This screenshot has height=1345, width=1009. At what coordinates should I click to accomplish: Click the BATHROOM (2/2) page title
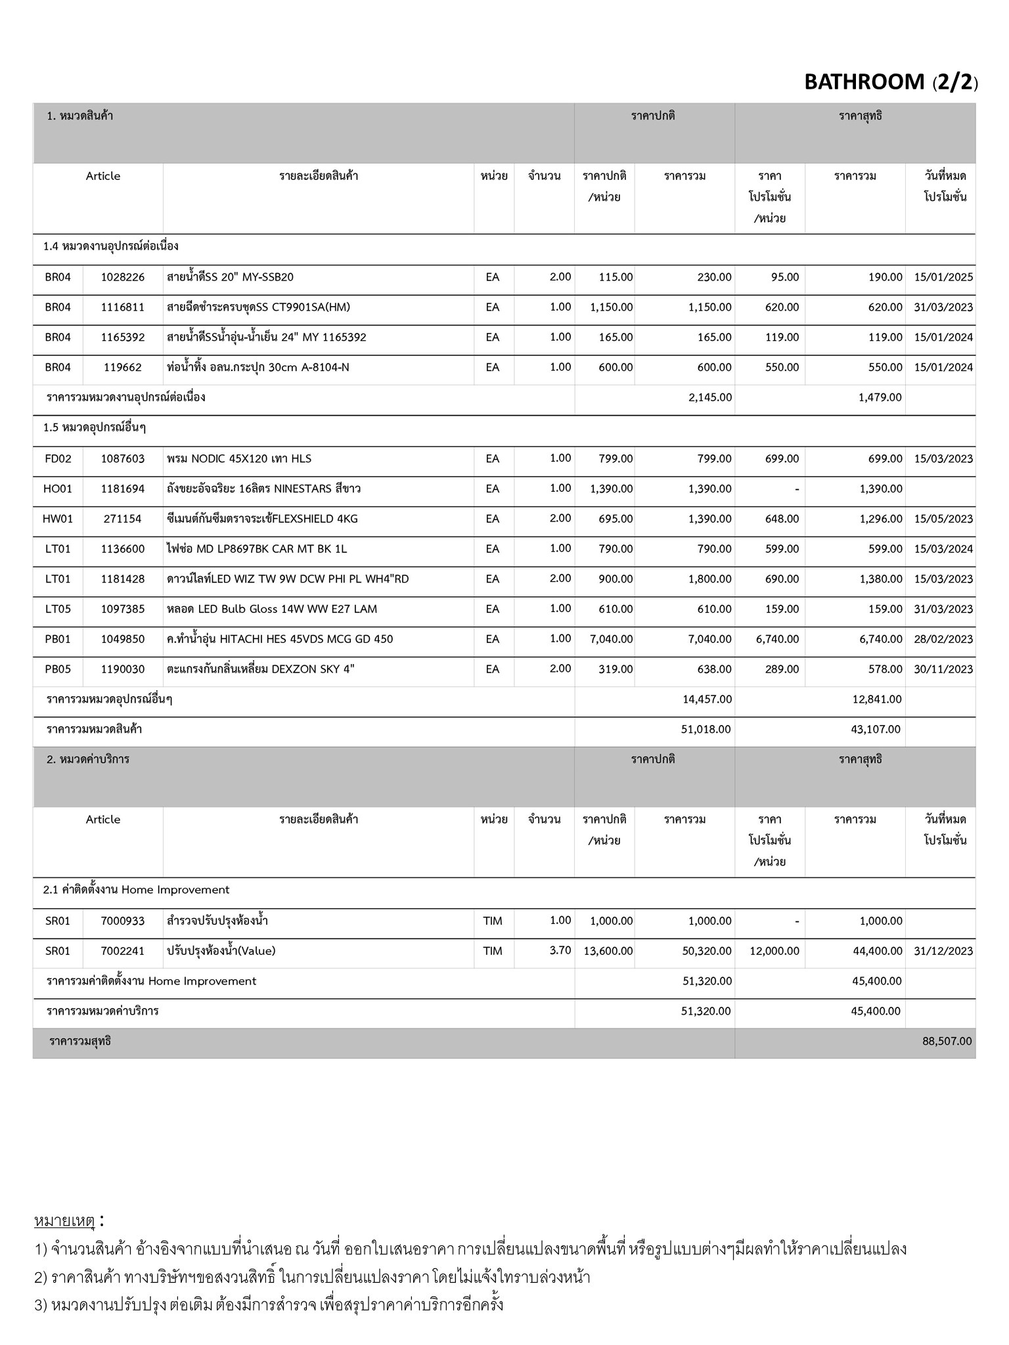pyautogui.click(x=891, y=82)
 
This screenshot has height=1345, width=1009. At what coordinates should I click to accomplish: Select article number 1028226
pyautogui.click(x=123, y=277)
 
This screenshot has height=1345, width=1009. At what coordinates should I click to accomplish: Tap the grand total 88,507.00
pyautogui.click(x=947, y=1041)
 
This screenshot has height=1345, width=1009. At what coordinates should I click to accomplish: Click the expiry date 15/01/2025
pyautogui.click(x=943, y=277)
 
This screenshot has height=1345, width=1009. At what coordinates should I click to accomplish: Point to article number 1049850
pyautogui.click(x=123, y=639)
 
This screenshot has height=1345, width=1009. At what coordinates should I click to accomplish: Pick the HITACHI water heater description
pyautogui.click(x=280, y=639)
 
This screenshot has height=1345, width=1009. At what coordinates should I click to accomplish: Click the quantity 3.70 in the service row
pyautogui.click(x=560, y=950)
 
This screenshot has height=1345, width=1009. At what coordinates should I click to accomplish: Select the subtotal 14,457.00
pyautogui.click(x=707, y=699)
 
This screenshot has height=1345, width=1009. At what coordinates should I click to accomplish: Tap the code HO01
pyautogui.click(x=58, y=489)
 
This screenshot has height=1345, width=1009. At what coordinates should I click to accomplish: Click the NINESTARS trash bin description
pyautogui.click(x=264, y=489)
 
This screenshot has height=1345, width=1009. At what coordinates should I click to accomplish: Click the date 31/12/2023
pyautogui.click(x=943, y=951)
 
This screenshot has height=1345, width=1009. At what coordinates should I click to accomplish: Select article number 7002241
pyautogui.click(x=123, y=951)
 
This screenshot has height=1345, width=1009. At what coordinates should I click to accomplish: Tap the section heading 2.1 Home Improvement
pyautogui.click(x=137, y=890)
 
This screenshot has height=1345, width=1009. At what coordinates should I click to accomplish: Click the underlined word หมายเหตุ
pyautogui.click(x=65, y=1222)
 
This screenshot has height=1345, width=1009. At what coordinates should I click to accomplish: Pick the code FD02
pyautogui.click(x=58, y=458)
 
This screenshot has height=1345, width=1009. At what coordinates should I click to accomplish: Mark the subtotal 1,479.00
pyautogui.click(x=880, y=397)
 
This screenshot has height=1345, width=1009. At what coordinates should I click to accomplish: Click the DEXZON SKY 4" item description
pyautogui.click(x=261, y=669)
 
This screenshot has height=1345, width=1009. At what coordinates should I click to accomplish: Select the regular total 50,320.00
pyautogui.click(x=707, y=951)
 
